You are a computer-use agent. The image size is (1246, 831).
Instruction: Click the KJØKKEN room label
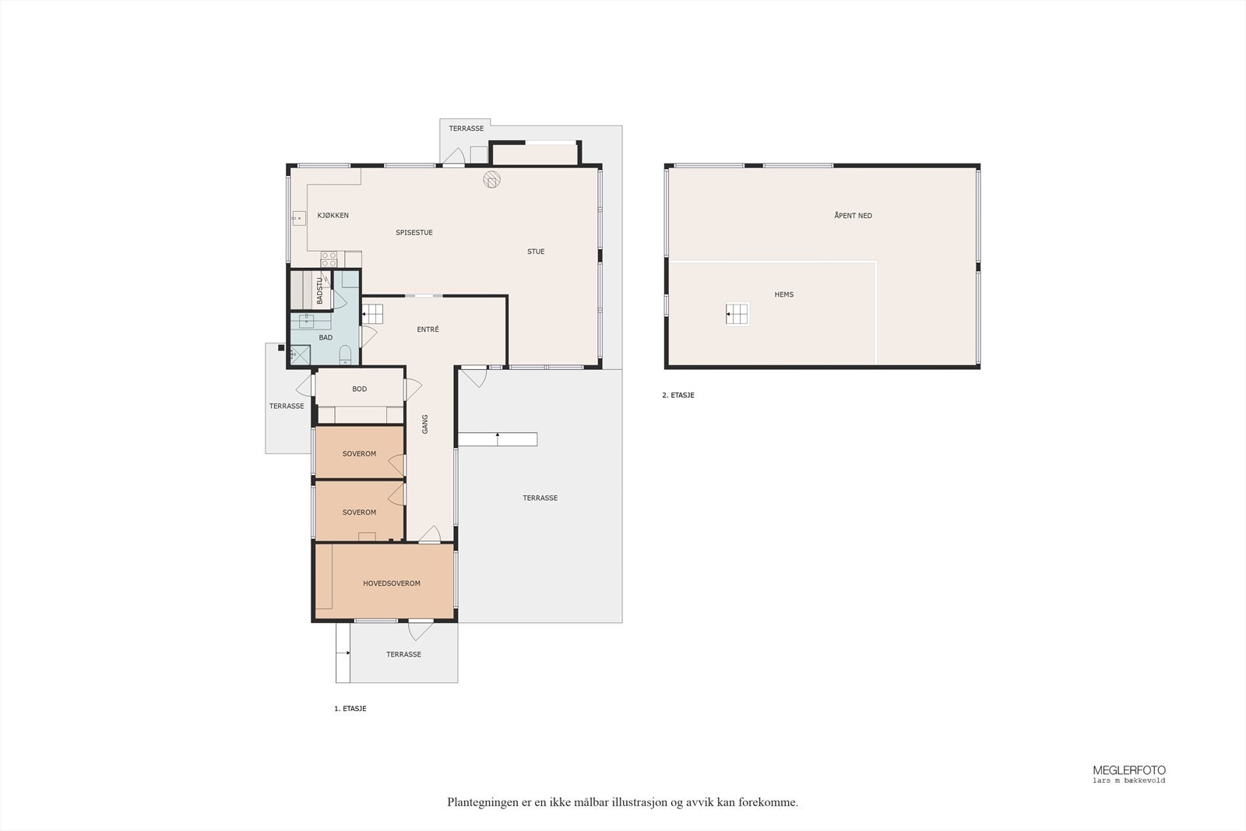point(333,215)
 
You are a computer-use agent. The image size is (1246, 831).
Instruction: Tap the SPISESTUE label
point(414,233)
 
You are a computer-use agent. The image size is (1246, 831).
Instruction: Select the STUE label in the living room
point(536,252)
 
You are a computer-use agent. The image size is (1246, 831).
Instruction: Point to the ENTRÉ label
point(428,329)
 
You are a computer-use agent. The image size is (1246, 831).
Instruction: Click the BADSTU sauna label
point(320,291)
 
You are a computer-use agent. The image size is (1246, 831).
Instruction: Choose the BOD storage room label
point(359,389)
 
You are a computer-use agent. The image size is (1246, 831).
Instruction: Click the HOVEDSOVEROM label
point(392,583)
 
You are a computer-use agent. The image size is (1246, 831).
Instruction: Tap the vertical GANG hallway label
point(425,424)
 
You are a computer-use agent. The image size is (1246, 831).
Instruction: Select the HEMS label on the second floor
point(783,294)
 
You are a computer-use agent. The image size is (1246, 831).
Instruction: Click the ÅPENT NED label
point(853,215)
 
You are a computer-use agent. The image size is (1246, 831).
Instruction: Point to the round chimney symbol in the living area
point(491,179)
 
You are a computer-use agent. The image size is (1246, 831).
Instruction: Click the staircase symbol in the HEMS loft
point(737,315)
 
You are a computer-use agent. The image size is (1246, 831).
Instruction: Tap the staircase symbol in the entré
point(373,315)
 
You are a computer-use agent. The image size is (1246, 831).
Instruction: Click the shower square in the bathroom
point(301,355)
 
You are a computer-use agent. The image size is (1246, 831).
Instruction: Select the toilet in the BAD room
point(346,354)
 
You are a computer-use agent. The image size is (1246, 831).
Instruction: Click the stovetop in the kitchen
point(329,259)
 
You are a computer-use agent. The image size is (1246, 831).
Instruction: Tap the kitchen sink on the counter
point(299,218)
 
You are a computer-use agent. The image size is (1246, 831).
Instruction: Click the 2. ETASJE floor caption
point(678,396)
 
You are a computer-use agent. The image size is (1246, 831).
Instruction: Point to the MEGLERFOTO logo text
point(1129,770)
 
